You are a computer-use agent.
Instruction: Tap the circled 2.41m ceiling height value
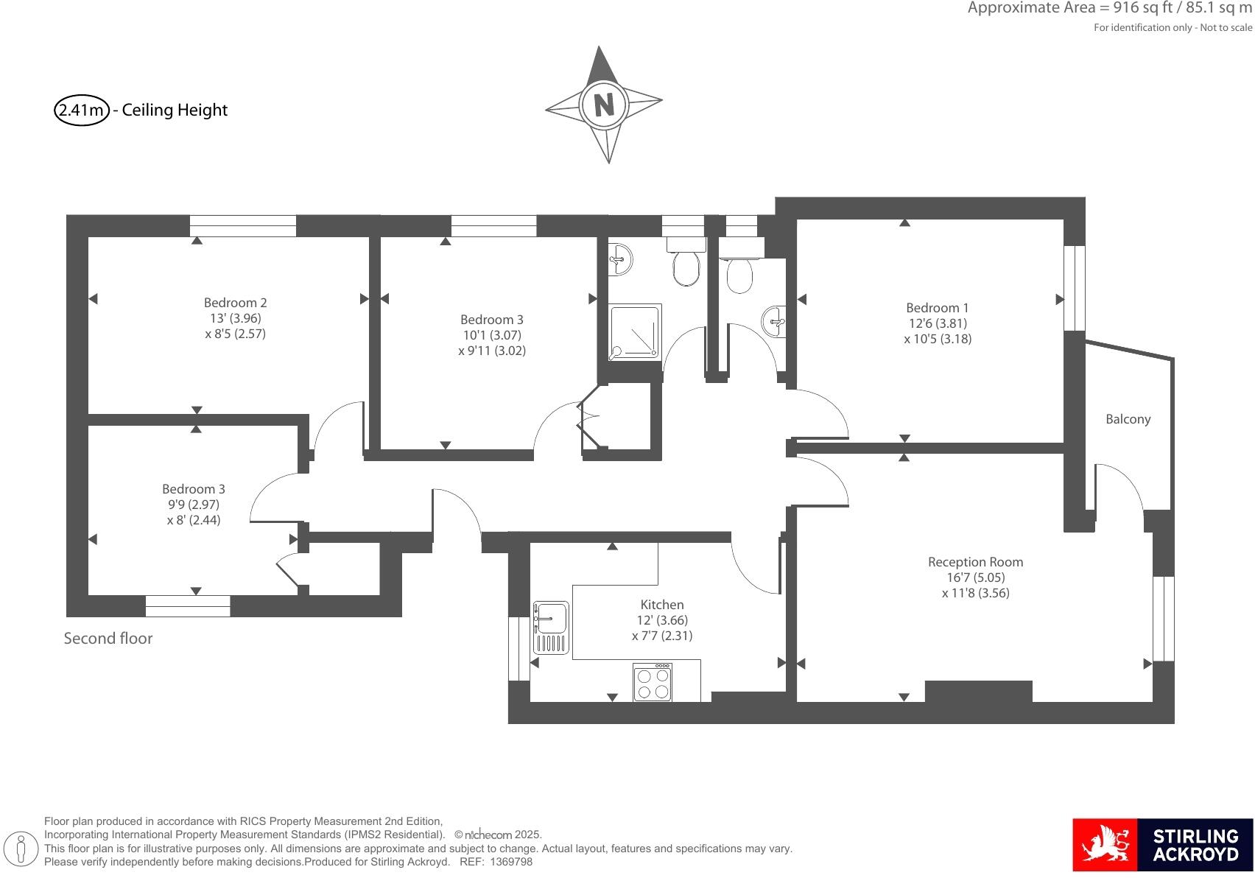click(x=81, y=110)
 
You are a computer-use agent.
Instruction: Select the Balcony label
click(x=1128, y=419)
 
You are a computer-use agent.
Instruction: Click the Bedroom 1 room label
click(x=938, y=308)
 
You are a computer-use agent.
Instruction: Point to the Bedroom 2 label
click(x=235, y=303)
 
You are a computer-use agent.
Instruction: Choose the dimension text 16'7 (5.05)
click(x=975, y=577)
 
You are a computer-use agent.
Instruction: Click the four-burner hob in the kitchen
click(x=653, y=683)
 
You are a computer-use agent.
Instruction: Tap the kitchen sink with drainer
click(x=551, y=628)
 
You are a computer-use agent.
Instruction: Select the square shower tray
click(x=635, y=332)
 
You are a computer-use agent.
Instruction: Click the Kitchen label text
click(x=661, y=605)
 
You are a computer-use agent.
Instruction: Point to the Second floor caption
click(x=108, y=639)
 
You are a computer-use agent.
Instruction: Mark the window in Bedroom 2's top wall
click(x=243, y=226)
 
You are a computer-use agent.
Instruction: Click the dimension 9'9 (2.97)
click(x=194, y=505)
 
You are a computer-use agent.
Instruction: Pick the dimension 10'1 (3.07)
click(x=492, y=335)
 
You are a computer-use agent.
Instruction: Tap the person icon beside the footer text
click(x=22, y=849)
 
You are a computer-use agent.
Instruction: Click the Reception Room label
click(x=975, y=562)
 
